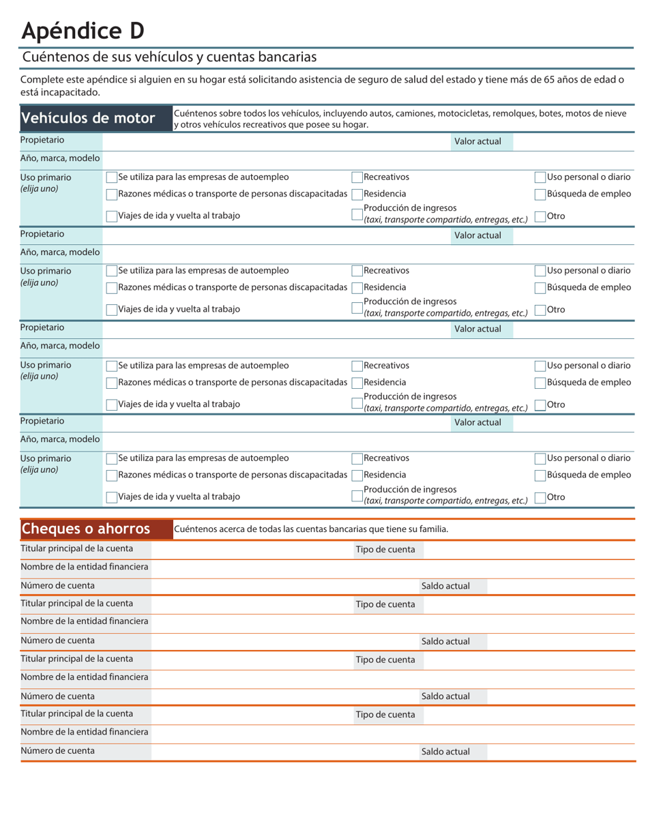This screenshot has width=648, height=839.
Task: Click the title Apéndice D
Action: [83, 31]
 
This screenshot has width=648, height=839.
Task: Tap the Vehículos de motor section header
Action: [88, 118]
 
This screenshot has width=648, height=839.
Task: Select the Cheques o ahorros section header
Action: [86, 529]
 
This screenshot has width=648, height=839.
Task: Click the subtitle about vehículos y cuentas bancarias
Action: [169, 57]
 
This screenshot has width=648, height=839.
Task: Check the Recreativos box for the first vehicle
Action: [357, 177]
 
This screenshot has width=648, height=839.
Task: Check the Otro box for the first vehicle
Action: [540, 216]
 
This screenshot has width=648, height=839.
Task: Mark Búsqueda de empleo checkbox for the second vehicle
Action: [540, 288]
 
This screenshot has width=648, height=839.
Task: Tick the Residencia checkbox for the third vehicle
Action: [357, 383]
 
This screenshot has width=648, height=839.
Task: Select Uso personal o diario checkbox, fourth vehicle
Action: [540, 458]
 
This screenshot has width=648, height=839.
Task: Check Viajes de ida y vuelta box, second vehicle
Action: [112, 310]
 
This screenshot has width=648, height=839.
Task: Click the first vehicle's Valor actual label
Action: [477, 142]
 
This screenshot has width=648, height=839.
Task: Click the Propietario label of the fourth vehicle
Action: [42, 422]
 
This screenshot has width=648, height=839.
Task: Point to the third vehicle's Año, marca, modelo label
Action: [60, 346]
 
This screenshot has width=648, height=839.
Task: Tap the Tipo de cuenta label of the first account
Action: [385, 550]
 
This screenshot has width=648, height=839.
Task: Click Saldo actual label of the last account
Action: [445, 752]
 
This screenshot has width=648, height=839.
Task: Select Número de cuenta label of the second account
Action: [58, 641]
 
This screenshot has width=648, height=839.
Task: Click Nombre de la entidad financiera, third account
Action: [85, 677]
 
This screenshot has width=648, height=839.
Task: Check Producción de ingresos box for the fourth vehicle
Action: [357, 496]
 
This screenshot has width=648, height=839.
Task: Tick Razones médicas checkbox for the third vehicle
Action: [112, 383]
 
